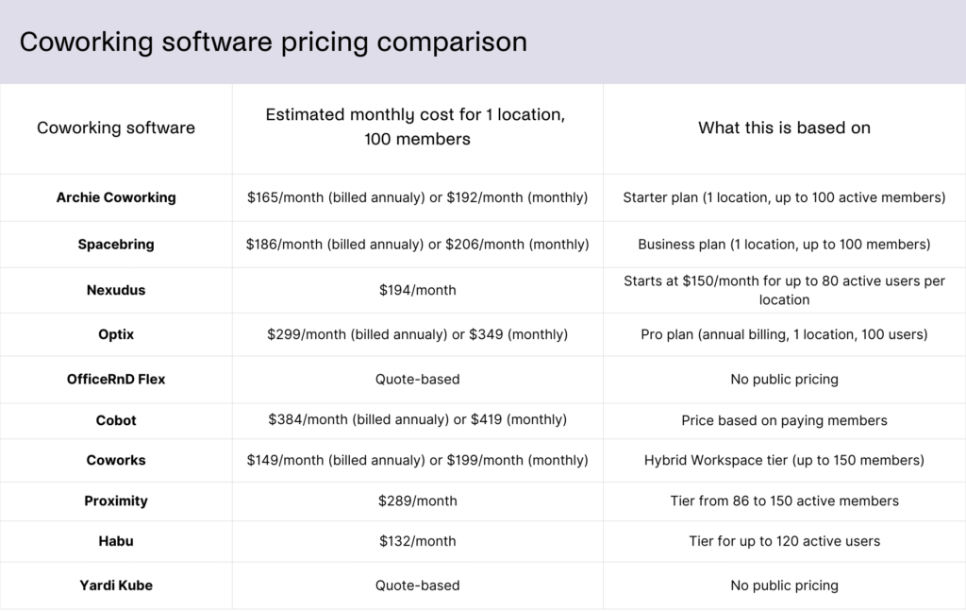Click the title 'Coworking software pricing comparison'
click(x=273, y=42)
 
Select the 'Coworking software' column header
click(x=116, y=127)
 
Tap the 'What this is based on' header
click(x=784, y=127)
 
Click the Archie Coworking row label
click(x=116, y=197)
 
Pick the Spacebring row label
click(x=116, y=244)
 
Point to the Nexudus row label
click(x=116, y=290)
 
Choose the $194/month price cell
click(x=417, y=290)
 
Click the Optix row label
click(x=116, y=334)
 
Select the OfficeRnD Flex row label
click(x=116, y=379)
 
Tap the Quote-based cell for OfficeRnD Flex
click(x=417, y=379)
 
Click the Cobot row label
click(x=116, y=419)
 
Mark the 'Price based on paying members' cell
click(x=784, y=419)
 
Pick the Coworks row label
click(x=116, y=460)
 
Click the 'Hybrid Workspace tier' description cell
click(x=784, y=460)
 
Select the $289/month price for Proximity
click(x=417, y=501)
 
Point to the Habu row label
click(x=116, y=541)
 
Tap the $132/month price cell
click(x=417, y=541)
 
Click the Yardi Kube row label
click(x=116, y=586)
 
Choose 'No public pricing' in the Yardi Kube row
click(x=784, y=586)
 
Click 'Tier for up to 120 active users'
click(x=784, y=541)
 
